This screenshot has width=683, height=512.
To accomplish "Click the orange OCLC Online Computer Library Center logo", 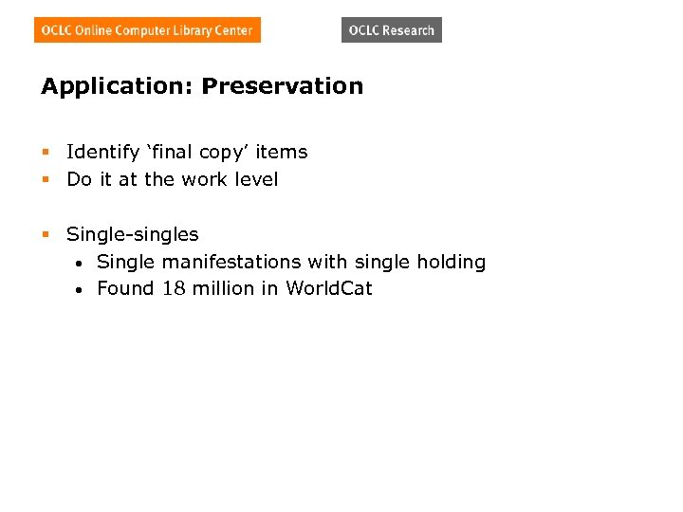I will coord(147,30).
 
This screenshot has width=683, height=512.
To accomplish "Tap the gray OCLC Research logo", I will coord(391,30).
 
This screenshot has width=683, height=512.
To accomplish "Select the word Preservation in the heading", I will coord(282,86).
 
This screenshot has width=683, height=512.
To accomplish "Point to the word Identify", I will coord(100,152).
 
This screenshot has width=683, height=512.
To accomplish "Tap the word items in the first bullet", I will coord(282,152).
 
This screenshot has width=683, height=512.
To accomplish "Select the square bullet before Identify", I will coord(45,153).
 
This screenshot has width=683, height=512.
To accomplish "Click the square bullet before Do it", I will coord(45,180).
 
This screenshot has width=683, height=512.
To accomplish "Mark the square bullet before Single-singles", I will coord(45,234).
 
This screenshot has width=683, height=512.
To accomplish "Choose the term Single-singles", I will coord(133,234).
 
